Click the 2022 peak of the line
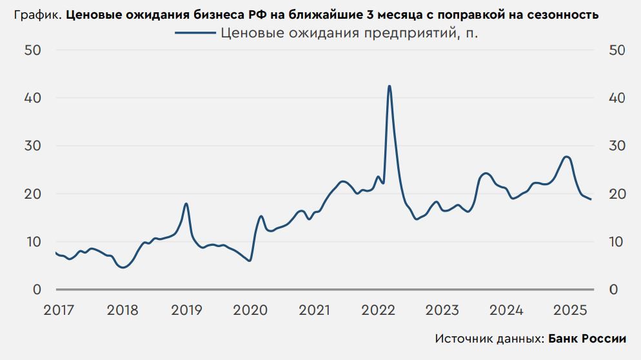pyautogui.click(x=390, y=86)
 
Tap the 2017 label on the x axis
pyautogui.click(x=59, y=310)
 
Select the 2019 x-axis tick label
pyautogui.click(x=186, y=310)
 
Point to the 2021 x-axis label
pyautogui.click(x=315, y=310)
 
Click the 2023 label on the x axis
pyautogui.click(x=442, y=310)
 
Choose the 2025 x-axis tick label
pyautogui.click(x=570, y=310)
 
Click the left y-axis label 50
pyautogui.click(x=33, y=50)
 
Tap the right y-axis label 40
pyautogui.click(x=617, y=98)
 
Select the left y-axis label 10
pyautogui.click(x=33, y=242)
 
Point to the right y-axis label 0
pyautogui.click(x=613, y=290)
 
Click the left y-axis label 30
pyautogui.click(x=33, y=146)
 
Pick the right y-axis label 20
pyautogui.click(x=617, y=194)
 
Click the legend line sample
pyautogui.click(x=195, y=34)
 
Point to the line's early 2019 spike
pyautogui.click(x=186, y=204)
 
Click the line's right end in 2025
pyautogui.click(x=591, y=199)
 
